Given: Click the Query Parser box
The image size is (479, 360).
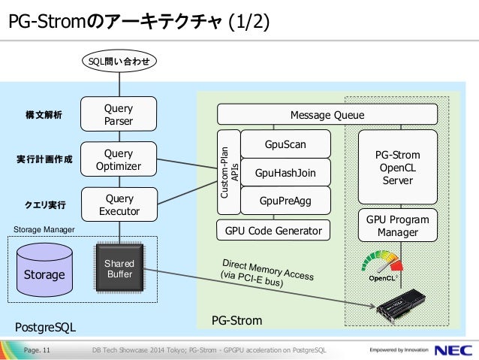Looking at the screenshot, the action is click(x=119, y=114).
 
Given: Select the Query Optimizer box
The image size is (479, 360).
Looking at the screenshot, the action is click(x=119, y=159).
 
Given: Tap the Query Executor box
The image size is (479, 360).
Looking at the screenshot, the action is click(x=119, y=204).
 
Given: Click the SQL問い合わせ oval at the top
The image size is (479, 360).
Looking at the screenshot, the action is click(x=119, y=61).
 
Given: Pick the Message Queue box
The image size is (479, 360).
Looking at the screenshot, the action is click(x=327, y=114).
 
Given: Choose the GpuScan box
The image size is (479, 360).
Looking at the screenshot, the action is click(x=285, y=144).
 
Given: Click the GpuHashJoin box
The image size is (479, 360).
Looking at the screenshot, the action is click(x=285, y=173).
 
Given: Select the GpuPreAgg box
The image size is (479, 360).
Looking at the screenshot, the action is click(x=285, y=201).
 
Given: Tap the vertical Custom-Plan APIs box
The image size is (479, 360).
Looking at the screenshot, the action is click(x=229, y=172).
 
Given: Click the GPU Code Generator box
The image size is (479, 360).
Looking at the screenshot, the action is click(x=273, y=230).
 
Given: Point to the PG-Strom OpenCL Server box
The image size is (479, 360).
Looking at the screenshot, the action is click(x=398, y=167).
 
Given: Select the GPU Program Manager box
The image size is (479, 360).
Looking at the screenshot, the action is click(x=398, y=225).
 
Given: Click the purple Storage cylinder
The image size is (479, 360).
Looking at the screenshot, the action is click(x=44, y=270).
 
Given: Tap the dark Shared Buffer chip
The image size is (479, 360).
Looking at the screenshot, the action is click(x=119, y=268).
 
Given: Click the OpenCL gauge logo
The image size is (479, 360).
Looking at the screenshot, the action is click(x=382, y=266).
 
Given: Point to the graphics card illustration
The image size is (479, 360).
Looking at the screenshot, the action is click(x=401, y=306).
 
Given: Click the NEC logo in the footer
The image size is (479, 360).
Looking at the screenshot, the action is click(x=453, y=350).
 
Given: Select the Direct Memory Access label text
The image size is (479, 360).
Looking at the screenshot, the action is click(x=267, y=273).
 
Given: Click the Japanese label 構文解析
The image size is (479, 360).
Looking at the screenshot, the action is click(x=44, y=115).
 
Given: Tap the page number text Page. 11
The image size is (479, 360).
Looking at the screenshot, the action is click(x=37, y=350).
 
